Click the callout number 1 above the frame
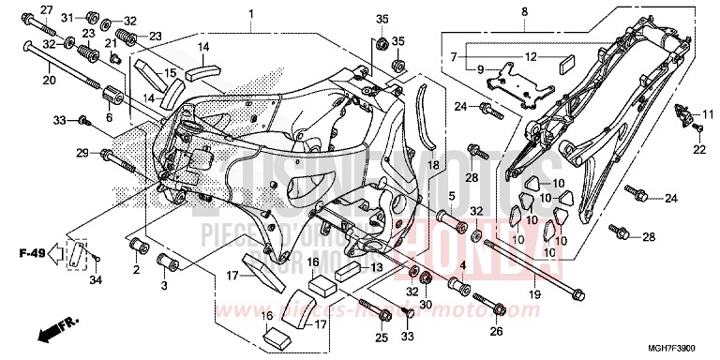click(251, 13)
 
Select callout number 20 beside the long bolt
click(49, 79)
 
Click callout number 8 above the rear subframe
click(524, 11)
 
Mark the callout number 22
click(697, 150)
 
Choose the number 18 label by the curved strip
click(433, 164)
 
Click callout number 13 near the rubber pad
click(375, 267)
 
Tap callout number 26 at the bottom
click(496, 329)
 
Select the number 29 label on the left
click(82, 153)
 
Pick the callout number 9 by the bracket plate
click(480, 69)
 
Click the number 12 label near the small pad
click(531, 57)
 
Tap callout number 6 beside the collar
click(109, 117)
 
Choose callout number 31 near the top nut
click(67, 18)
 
